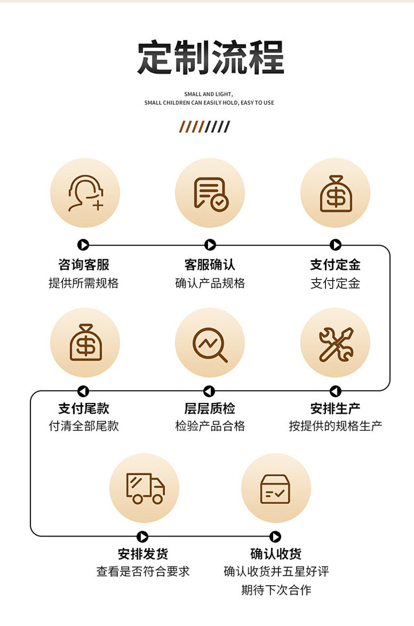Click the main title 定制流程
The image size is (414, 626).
[211, 57]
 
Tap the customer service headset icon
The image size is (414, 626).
[85, 193]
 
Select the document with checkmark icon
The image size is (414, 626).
[210, 193]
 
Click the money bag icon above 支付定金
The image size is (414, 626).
[335, 193]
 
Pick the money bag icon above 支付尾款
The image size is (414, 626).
[85, 342]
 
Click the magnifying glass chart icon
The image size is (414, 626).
[210, 343]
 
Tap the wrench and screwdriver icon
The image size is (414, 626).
[335, 343]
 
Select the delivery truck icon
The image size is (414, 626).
[145, 488]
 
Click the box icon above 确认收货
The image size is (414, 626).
[276, 488]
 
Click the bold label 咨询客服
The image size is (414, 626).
[84, 264]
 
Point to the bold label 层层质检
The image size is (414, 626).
[210, 408]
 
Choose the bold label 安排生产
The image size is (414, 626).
[335, 408]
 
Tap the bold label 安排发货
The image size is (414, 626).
[143, 554]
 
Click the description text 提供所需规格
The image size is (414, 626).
[84, 283]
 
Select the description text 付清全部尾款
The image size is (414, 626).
[84, 426]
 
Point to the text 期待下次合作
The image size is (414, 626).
[276, 590]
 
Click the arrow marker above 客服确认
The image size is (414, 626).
[210, 245]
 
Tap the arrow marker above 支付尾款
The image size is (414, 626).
[83, 391]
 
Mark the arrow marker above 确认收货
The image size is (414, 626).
[275, 536]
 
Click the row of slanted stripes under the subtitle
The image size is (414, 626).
[204, 127]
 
